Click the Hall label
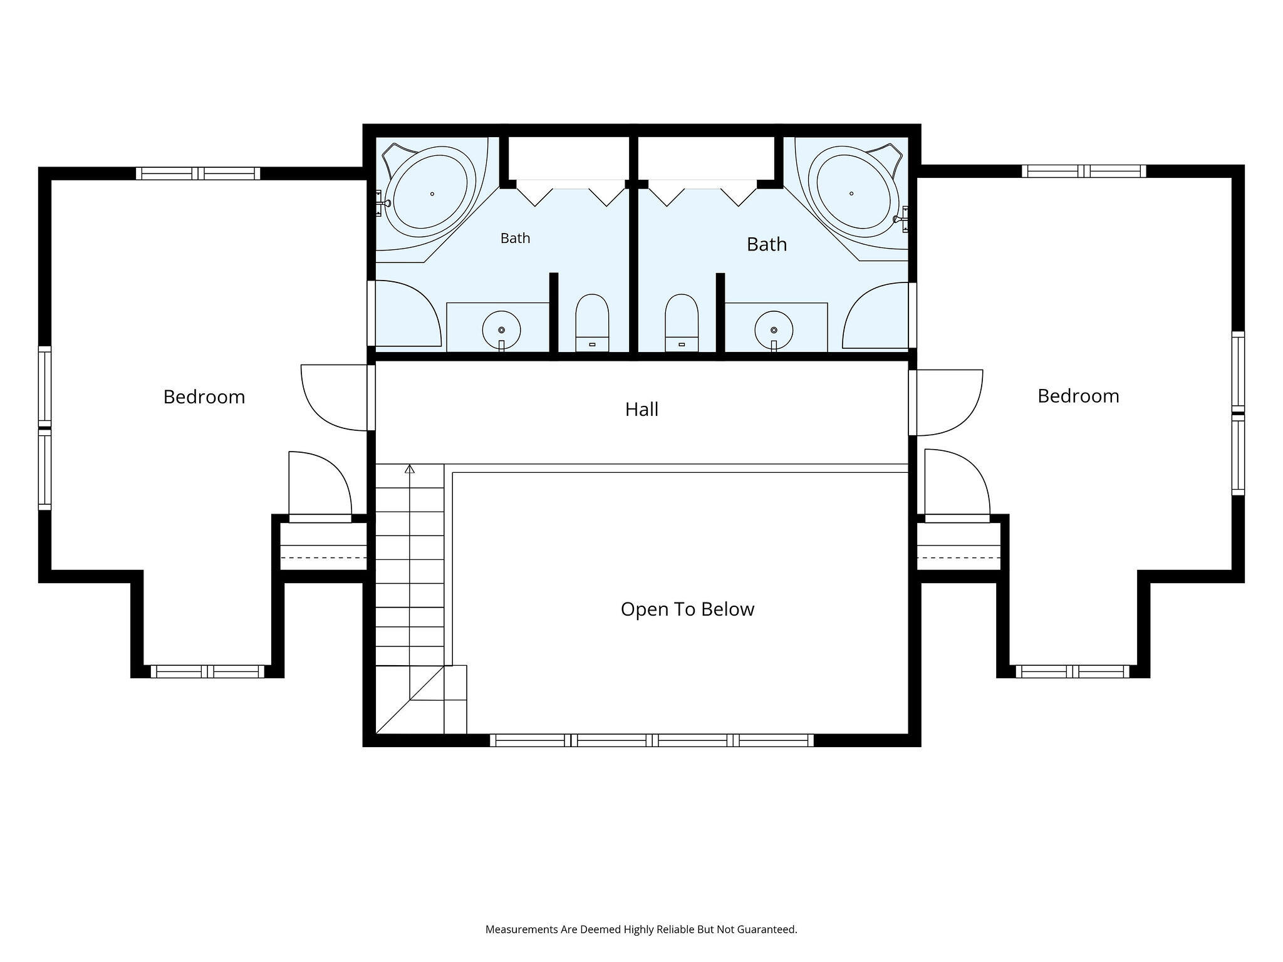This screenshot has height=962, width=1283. coord(641,410)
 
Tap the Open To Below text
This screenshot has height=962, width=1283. coord(687,609)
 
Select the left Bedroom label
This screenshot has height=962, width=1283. coord(204,397)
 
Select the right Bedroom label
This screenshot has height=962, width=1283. coord(1078,396)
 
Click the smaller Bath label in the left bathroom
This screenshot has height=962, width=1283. coord(515,238)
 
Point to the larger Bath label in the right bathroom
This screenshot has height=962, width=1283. coord(767,244)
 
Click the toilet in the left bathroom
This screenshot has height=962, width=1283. coord(592,323)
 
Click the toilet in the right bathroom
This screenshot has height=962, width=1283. coord(682,323)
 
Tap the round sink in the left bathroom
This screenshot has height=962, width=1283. coord(501,329)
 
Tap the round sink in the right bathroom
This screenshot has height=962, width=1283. coord(774,329)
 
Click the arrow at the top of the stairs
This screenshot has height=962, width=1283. coord(410,468)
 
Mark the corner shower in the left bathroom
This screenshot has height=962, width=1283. coord(407,314)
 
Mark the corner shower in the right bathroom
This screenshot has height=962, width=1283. coord(876,315)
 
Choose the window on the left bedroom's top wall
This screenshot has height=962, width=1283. coord(198,173)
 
